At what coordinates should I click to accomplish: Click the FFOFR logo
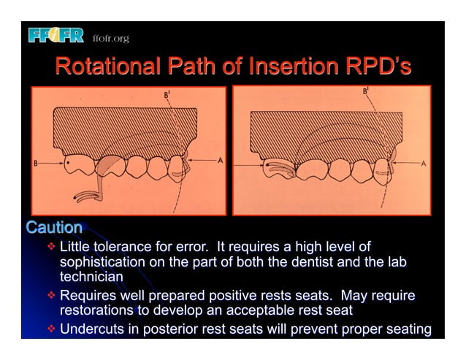click(x=57, y=35)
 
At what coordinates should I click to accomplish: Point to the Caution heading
click(x=53, y=227)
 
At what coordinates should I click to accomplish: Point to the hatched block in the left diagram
click(x=124, y=128)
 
